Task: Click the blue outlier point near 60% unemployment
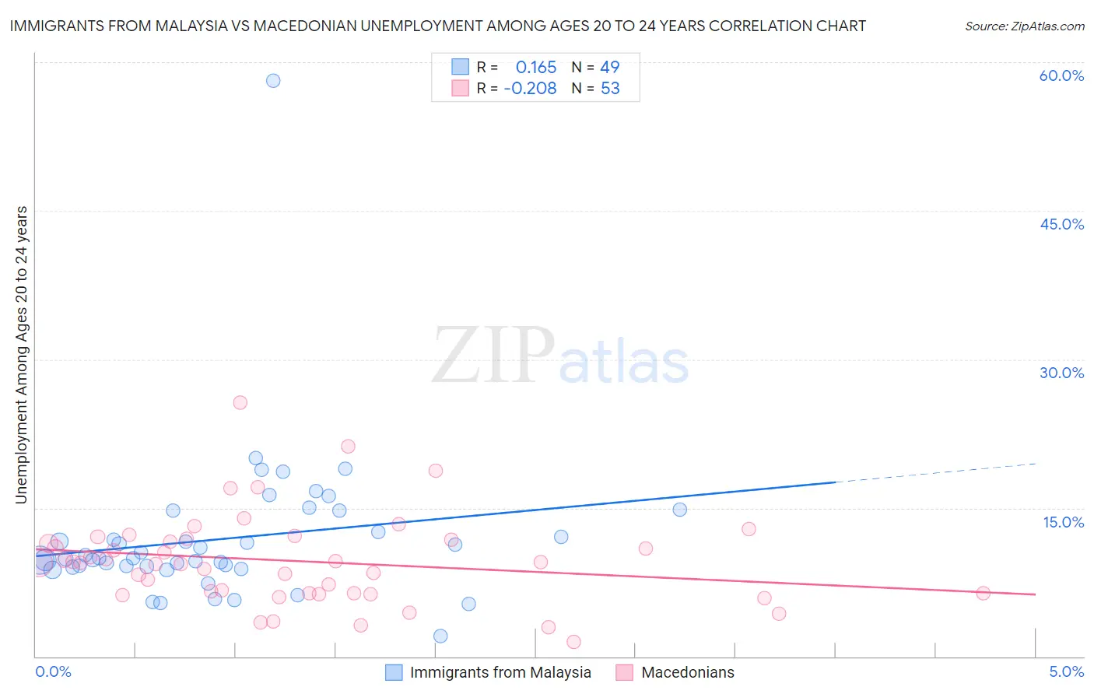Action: (273, 81)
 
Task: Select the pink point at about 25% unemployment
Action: (240, 402)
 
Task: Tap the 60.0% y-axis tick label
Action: (1061, 75)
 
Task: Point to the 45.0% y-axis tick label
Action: (1061, 224)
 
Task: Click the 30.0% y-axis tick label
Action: (1061, 373)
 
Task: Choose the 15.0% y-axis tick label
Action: (1063, 522)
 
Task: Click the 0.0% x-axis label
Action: (53, 671)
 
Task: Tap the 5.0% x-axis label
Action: (1066, 671)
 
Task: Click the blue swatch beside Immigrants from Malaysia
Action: (394, 672)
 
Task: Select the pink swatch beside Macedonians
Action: (625, 672)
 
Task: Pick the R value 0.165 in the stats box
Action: (536, 68)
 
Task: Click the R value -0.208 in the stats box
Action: (531, 89)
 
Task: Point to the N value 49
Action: (610, 68)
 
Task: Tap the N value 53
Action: (610, 89)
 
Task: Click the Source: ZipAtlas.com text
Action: (1024, 26)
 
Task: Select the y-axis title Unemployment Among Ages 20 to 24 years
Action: (22, 355)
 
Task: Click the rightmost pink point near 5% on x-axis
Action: (983, 593)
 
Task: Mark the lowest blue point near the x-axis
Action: (440, 636)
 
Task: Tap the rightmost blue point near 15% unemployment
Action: (679, 510)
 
